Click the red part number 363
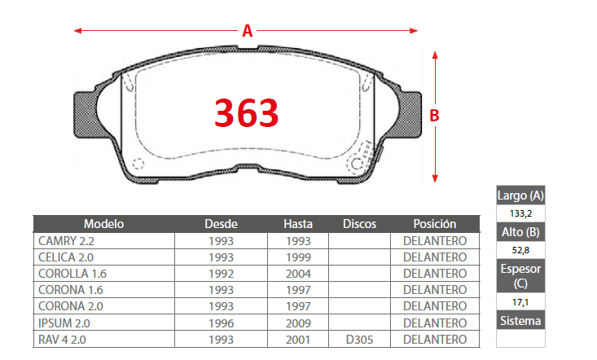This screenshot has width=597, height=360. [246, 112]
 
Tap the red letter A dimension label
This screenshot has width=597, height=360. [248, 30]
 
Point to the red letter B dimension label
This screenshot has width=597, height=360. [434, 116]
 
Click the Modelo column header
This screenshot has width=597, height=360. [103, 224]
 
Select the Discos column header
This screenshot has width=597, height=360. [359, 224]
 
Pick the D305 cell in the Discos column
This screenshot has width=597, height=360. [359, 340]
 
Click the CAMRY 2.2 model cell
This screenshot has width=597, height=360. [66, 241]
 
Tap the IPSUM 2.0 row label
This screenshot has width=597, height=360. [64, 323]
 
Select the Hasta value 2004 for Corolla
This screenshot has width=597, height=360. [298, 274]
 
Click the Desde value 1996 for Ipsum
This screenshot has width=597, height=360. [222, 323]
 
